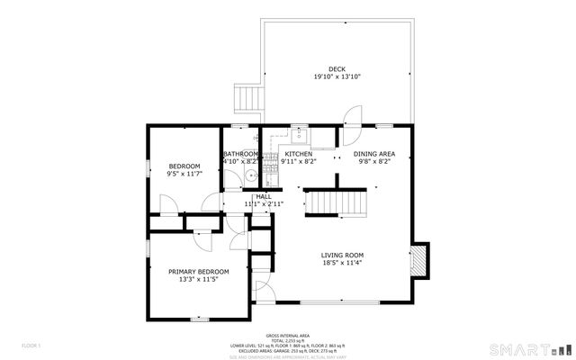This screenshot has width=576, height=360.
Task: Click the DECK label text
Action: click(x=337, y=69)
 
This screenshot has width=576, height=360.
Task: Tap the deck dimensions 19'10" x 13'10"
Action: click(x=337, y=77)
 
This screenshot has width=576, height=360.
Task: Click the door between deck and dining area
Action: click(x=353, y=117)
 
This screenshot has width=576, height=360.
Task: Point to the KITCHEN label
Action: click(x=299, y=154)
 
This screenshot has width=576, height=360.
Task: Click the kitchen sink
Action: click(x=301, y=136)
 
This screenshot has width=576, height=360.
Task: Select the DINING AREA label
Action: click(x=373, y=154)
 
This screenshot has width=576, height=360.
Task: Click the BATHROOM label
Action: click(x=241, y=154)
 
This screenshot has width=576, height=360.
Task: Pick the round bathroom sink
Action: click(x=245, y=178)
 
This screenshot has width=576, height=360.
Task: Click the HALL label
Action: click(x=264, y=196)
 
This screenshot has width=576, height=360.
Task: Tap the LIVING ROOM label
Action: click(x=342, y=255)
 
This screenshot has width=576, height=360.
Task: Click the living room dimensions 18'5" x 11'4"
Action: click(x=342, y=263)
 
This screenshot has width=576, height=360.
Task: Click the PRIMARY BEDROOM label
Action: click(x=199, y=271)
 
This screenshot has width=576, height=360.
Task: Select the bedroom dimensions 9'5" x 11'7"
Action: click(x=184, y=174)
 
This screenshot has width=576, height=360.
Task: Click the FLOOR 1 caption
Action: click(x=32, y=345)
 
